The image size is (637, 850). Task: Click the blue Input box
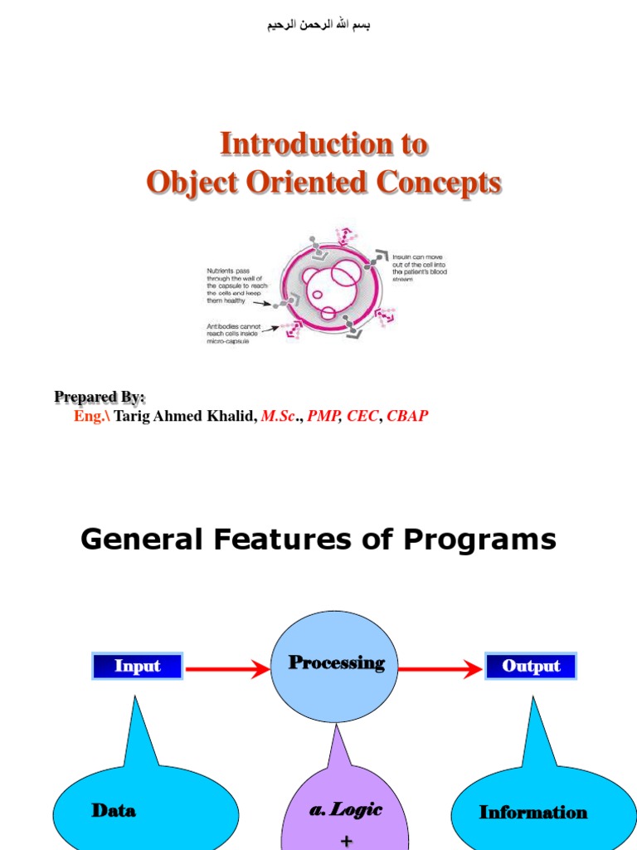click(x=137, y=666)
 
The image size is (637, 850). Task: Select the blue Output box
click(x=531, y=666)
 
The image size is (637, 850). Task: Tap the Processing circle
click(x=335, y=666)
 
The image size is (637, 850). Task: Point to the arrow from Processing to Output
click(x=440, y=667)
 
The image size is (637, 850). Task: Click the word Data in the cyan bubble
click(x=114, y=811)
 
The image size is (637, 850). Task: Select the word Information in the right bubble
click(x=532, y=813)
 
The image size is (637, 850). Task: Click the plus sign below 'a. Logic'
click(x=346, y=841)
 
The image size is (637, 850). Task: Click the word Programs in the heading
click(x=480, y=540)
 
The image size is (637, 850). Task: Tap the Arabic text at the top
click(x=318, y=25)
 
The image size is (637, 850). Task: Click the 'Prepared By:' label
click(x=100, y=397)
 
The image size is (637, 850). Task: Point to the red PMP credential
click(x=323, y=416)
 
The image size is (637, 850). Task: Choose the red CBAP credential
click(x=407, y=416)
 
